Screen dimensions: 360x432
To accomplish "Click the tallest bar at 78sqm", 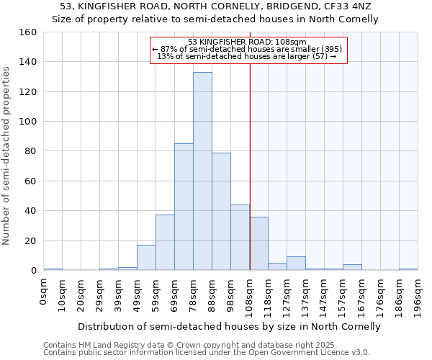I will pyautogui.click(x=202, y=171).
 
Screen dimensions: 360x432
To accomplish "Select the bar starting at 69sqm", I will pyautogui.click(x=184, y=207).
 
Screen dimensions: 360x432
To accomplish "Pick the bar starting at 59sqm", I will pyautogui.click(x=165, y=243).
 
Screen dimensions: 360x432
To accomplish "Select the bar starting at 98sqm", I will pyautogui.click(x=240, y=238).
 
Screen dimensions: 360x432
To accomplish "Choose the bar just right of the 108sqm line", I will pyautogui.click(x=259, y=243).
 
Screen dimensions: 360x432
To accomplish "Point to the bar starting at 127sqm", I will pyautogui.click(x=296, y=264).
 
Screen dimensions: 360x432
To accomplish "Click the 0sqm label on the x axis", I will pyautogui.click(x=44, y=291).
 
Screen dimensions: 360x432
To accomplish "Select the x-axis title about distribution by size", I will pyautogui.click(x=229, y=326).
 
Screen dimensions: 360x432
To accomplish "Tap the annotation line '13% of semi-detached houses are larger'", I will pyautogui.click(x=247, y=56).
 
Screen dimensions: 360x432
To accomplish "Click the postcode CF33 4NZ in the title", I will pyautogui.click(x=352, y=6).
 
